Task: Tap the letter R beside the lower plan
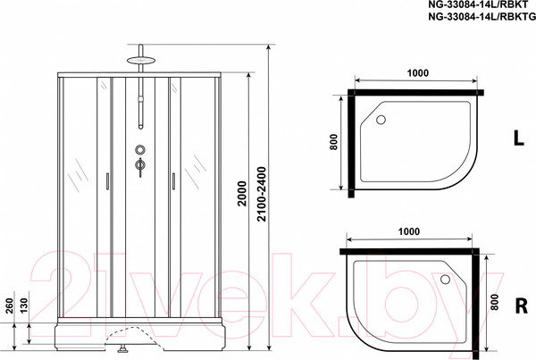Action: click(518, 301)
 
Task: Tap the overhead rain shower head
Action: click(138, 63)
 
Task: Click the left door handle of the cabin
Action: click(106, 181)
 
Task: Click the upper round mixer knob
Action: click(139, 149)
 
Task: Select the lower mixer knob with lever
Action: click(139, 165)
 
